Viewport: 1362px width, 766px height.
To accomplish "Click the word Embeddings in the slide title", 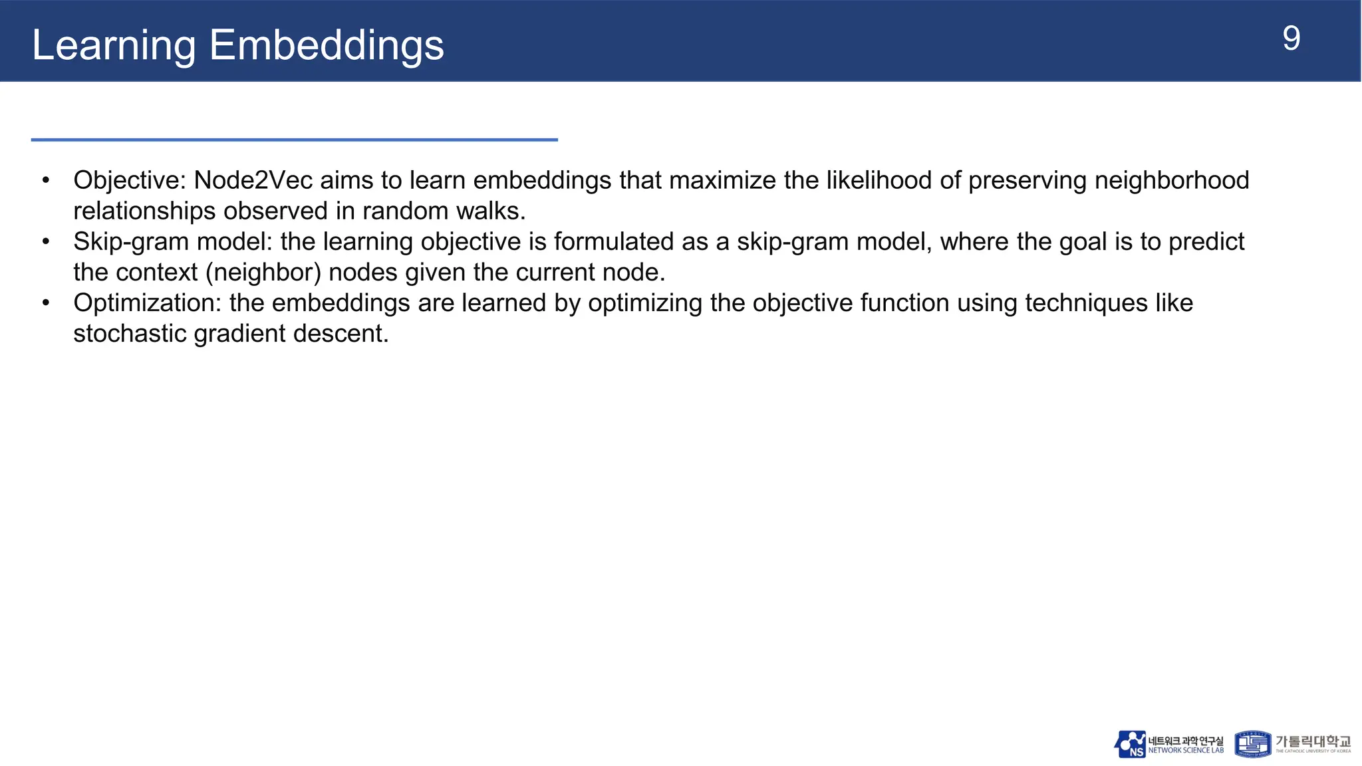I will click(326, 45).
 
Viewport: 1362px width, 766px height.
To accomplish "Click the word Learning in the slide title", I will click(113, 45).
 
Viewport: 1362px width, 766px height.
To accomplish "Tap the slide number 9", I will click(1291, 39).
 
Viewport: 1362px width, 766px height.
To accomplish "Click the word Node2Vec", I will click(253, 180).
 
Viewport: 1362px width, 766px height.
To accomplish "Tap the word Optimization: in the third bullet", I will click(147, 303).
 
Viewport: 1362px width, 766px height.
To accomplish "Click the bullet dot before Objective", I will click(46, 180).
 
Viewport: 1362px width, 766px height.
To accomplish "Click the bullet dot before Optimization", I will click(46, 303).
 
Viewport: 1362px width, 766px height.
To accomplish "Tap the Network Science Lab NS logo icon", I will click(1130, 744).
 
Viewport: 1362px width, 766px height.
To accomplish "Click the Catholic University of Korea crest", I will click(1252, 744).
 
